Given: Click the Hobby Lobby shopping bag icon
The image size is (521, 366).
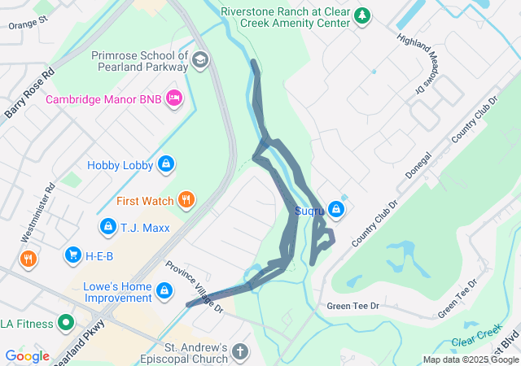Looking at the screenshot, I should tap(166, 164).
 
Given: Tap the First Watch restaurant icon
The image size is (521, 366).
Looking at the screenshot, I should tap(186, 200).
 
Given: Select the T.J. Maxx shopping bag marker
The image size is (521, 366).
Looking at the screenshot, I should tap(107, 227).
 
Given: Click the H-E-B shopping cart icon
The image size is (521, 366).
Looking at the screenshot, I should tap(73, 256).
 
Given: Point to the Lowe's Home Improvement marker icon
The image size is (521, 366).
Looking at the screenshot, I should tap(164, 290).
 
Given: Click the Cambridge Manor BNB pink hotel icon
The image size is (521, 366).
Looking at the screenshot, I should tap(173, 99).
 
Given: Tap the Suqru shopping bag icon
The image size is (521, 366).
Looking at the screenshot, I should tap(336, 211).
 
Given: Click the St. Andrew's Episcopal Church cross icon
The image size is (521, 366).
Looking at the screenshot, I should tap(239, 352).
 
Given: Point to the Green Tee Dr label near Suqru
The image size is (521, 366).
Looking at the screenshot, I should tap(352, 306).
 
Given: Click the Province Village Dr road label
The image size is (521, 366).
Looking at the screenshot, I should tap(195, 286).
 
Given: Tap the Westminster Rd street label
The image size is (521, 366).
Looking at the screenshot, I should tap(38, 211).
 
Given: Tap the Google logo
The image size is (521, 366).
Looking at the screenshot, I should tap(27, 356).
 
